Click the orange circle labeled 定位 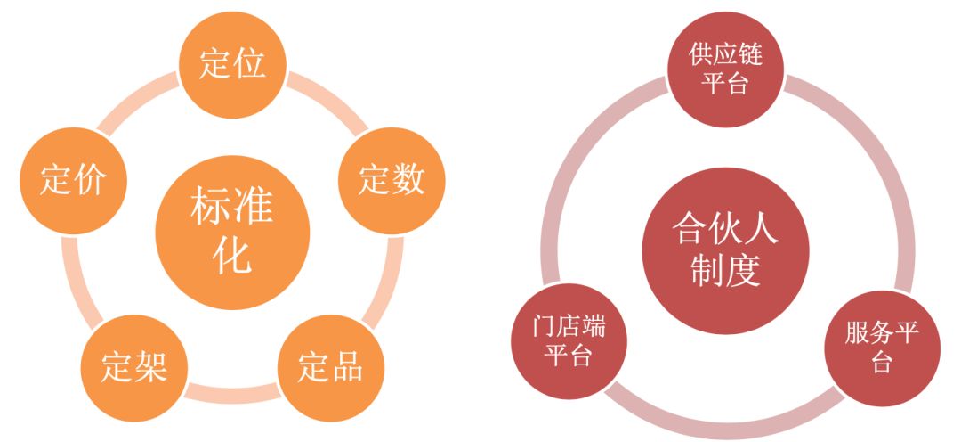(x=232, y=64)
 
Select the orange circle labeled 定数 (x=392, y=181)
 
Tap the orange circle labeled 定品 (x=331, y=368)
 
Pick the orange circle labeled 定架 (x=134, y=368)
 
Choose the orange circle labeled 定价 (x=74, y=181)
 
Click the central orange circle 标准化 (x=232, y=232)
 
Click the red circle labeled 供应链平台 (x=726, y=70)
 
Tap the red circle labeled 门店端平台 (x=569, y=341)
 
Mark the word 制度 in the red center (x=726, y=271)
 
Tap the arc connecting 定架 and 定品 (x=232, y=394)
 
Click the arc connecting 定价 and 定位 (x=136, y=100)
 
